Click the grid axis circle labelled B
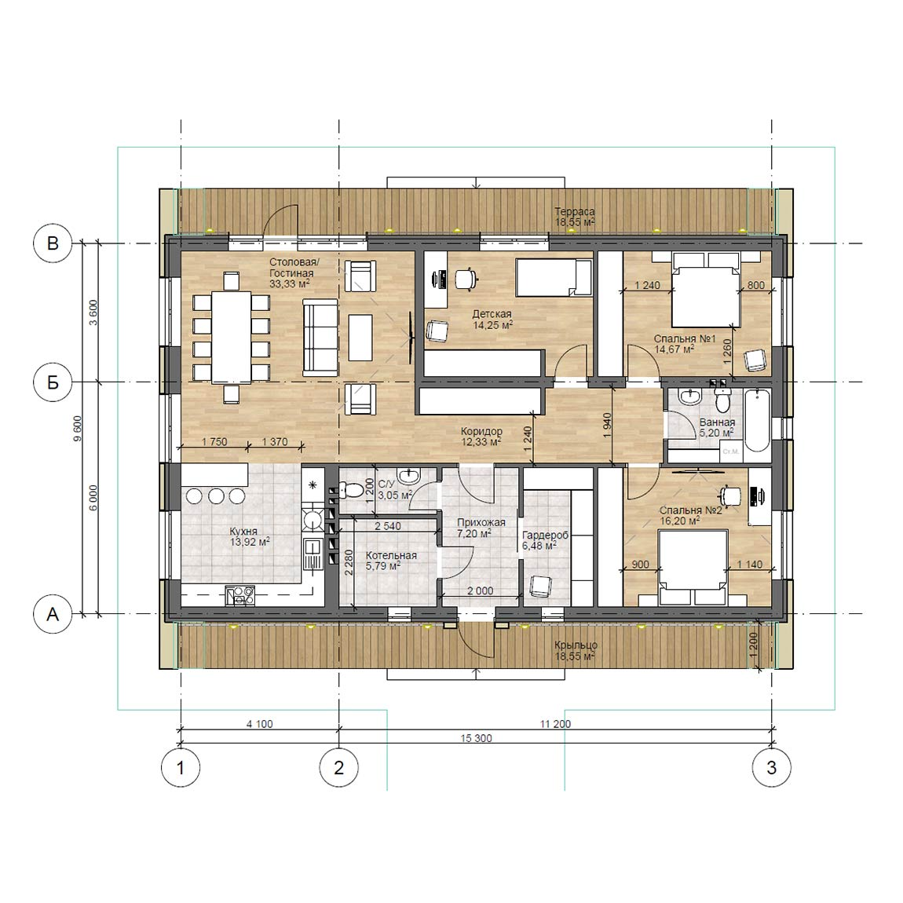pos(53,243)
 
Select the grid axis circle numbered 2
pos(338,767)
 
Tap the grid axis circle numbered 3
pos(772,767)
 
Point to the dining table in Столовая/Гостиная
pos(232,337)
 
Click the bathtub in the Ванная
pos(757,421)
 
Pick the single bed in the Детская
pos(554,278)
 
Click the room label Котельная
pos(391,556)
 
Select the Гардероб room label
pos(545,535)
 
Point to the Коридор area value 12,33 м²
pos(481,442)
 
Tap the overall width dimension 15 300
pos(477,738)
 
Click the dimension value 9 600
pos(78,428)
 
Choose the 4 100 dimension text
pos(259,724)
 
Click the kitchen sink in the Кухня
pos(312,554)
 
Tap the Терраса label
pos(574,211)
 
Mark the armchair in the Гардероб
pos(540,587)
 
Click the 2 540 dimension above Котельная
pos(388,526)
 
